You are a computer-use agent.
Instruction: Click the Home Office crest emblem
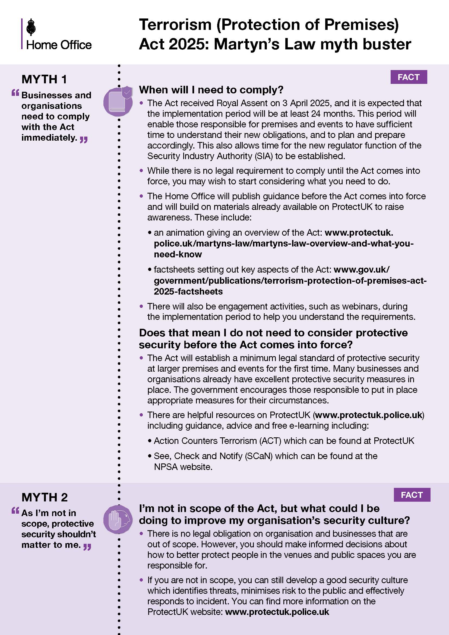pos(31,27)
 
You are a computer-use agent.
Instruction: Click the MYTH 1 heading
pos(44,79)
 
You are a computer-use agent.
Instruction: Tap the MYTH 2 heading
pos(45,497)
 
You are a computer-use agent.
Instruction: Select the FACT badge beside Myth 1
pos(408,77)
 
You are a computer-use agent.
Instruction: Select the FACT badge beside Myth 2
pos(412,495)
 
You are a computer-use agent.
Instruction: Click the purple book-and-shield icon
pos(118,101)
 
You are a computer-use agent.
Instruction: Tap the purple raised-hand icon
pos(118,519)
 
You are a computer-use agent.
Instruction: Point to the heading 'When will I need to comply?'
pos(211,90)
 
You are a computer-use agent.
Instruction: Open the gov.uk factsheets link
pos(290,281)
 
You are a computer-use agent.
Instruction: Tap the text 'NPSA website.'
pos(183,467)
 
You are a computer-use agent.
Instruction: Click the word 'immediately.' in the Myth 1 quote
pos(49,138)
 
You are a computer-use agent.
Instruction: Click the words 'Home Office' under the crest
pos(59,45)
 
